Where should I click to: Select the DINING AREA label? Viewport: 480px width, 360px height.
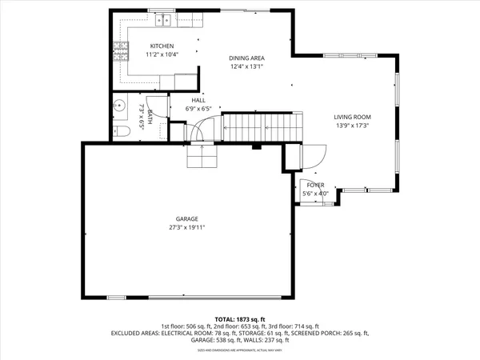[246, 58]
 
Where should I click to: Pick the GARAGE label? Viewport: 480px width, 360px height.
[187, 218]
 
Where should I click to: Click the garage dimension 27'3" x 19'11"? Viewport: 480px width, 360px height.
[187, 227]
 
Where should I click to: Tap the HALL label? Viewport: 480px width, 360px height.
[198, 100]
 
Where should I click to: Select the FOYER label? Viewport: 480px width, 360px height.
[316, 185]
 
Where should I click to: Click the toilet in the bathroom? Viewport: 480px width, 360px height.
[121, 131]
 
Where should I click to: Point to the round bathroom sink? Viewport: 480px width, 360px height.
[120, 104]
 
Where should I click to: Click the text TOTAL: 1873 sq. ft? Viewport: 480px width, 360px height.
[240, 318]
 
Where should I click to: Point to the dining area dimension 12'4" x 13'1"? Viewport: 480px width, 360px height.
[246, 67]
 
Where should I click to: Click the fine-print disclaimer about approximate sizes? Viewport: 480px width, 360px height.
[240, 350]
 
